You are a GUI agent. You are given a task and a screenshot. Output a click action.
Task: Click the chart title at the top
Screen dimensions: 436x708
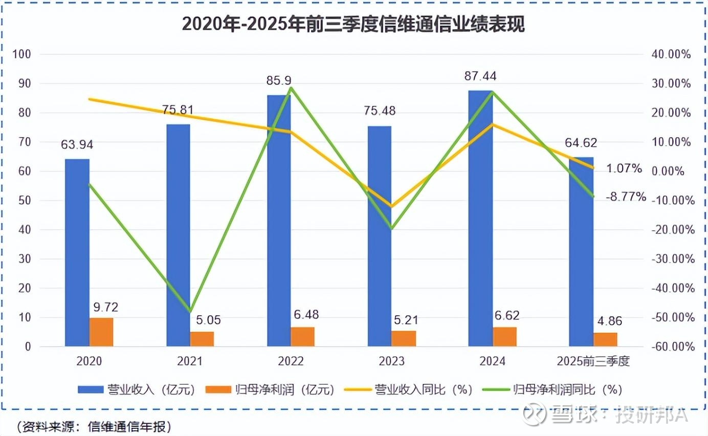353,24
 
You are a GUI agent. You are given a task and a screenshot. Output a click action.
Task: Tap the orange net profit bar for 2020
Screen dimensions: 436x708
101,332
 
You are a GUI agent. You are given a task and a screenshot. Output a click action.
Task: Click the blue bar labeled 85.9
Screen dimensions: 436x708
279,221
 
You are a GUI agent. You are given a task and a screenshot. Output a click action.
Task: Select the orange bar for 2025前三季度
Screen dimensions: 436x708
606,339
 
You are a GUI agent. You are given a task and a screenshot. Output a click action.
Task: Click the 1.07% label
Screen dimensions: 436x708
624,168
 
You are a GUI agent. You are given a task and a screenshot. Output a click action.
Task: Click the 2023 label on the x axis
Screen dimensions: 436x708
391,361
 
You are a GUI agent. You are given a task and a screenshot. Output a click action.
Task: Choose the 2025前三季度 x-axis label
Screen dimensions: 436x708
593,361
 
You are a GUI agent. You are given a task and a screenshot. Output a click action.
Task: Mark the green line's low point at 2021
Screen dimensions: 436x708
190,311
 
